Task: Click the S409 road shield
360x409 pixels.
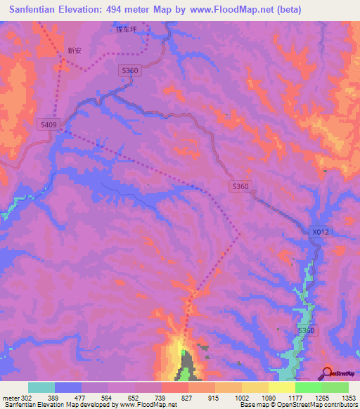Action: click(48, 124)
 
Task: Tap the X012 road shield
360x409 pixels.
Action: click(320, 231)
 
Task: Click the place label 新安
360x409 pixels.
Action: click(75, 51)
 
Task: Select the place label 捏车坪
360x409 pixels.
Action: click(126, 30)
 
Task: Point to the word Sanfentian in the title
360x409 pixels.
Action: click(37, 10)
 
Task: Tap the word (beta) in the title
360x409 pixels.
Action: click(290, 10)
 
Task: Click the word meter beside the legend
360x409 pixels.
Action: click(10, 398)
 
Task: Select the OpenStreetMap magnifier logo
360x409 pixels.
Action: click(328, 372)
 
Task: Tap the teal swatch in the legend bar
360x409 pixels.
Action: click(41, 387)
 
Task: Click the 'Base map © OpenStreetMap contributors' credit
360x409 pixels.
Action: click(298, 405)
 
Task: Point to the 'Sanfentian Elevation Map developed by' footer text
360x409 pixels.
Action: click(49, 405)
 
